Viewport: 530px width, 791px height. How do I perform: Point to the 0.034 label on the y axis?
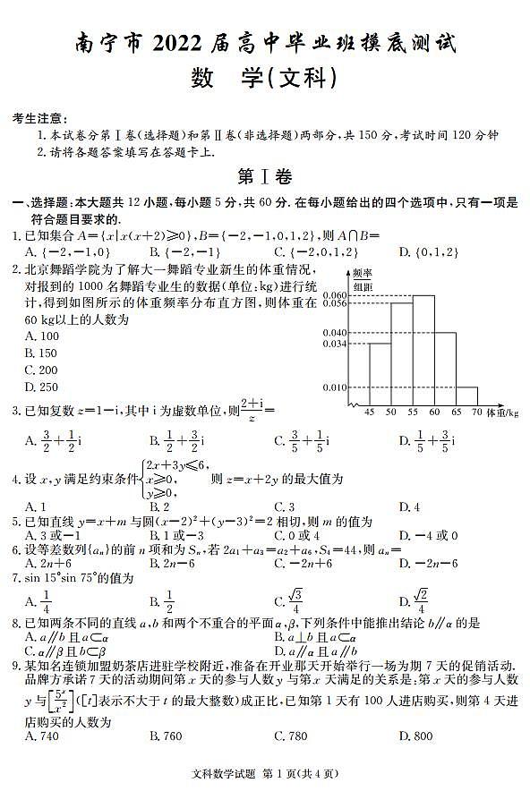[x=335, y=344]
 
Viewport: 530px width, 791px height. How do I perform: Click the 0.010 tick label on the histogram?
[x=335, y=387]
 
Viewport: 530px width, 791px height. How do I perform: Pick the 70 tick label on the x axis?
[x=476, y=413]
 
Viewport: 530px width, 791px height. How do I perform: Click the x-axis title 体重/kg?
[x=502, y=413]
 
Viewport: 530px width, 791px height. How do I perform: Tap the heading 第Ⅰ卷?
[x=264, y=176]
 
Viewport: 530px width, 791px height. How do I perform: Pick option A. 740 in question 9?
[x=42, y=736]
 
